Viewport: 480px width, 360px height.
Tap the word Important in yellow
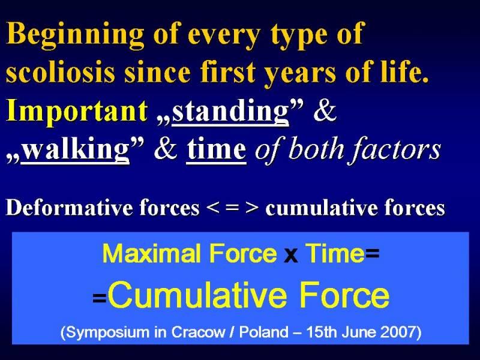(x=77, y=111)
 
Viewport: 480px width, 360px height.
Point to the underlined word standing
(x=230, y=111)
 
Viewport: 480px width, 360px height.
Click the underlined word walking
(x=76, y=149)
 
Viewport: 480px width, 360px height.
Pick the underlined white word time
(x=217, y=149)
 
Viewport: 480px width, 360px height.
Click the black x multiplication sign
(x=291, y=256)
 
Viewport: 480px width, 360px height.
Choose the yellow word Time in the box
(x=335, y=253)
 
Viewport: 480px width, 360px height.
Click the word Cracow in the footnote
(x=198, y=332)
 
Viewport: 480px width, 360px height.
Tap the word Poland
(x=263, y=332)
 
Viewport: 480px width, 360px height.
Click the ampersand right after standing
(x=325, y=111)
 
